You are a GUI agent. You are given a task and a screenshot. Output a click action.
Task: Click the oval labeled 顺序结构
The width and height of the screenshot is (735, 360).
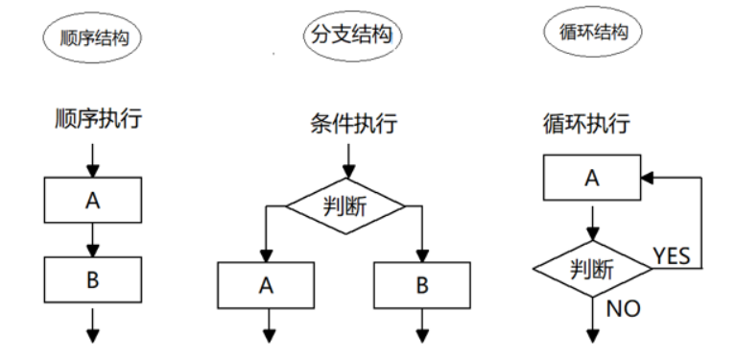93,38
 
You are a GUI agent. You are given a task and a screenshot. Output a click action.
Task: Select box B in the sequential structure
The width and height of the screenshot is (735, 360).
93,280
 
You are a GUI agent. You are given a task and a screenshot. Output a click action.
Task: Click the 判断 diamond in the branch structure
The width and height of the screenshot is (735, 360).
346,204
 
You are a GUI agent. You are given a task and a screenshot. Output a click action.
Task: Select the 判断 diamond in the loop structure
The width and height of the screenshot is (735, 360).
592,268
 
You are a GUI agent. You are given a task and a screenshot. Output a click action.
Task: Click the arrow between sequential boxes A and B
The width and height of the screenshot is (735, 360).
93,239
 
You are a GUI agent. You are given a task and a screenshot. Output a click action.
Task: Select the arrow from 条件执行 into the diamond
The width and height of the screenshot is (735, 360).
346,159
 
